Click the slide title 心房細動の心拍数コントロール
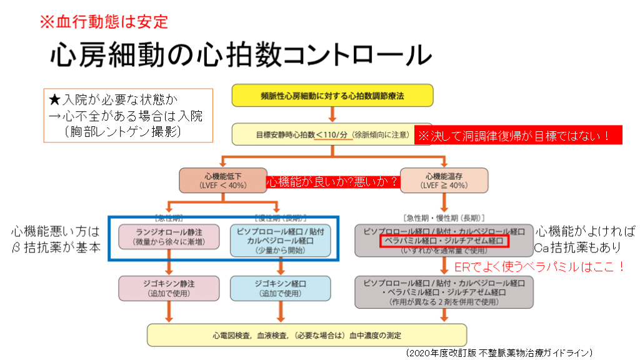240,54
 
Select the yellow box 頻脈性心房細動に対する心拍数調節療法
332,96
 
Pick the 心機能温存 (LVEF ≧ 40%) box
443,180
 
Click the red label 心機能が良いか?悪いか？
332,181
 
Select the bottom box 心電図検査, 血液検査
306,335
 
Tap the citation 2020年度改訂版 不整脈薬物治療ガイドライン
497,352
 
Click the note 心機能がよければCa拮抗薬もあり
584,239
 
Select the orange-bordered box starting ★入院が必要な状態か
127,115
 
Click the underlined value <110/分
332,134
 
